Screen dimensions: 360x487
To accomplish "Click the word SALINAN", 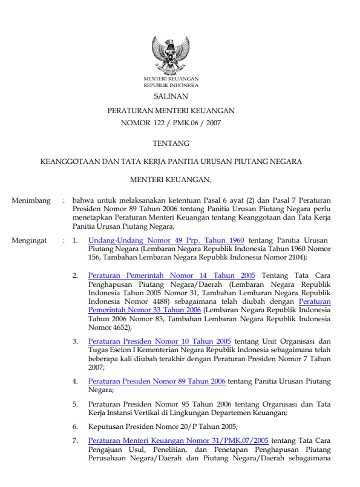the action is pyautogui.click(x=171, y=96).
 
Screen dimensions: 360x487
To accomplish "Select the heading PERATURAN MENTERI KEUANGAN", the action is pyautogui.click(x=171, y=111).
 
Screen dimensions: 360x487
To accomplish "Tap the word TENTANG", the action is pyautogui.click(x=171, y=143).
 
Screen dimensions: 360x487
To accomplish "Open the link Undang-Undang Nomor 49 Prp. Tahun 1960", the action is pyautogui.click(x=166, y=240).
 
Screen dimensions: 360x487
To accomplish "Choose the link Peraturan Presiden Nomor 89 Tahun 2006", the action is pyautogui.click(x=157, y=381).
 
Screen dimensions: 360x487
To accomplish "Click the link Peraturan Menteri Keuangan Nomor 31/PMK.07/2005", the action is pyautogui.click(x=178, y=441).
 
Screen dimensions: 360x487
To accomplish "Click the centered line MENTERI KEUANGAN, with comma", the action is pyautogui.click(x=171, y=179).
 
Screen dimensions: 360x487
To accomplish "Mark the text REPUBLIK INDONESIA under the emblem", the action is pyautogui.click(x=171, y=86).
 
